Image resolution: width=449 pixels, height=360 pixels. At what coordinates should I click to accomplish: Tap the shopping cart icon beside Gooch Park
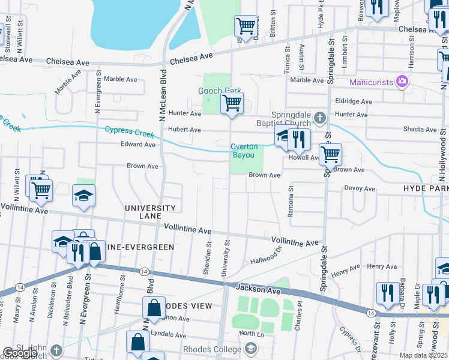click(232, 103)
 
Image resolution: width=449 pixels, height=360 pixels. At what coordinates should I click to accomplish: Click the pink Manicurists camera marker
click(402, 81)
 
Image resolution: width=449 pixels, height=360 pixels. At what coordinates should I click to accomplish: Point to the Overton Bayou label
click(244, 151)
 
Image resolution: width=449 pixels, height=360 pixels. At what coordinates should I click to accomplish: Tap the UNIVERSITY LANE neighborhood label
click(150, 212)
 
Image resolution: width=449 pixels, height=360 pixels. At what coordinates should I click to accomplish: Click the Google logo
click(20, 353)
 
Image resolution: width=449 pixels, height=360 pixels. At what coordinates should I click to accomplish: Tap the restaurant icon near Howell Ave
click(299, 140)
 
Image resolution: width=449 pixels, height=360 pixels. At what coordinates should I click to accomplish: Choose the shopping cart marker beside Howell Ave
click(330, 154)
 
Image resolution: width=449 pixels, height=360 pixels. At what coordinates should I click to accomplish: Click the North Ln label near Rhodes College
click(252, 333)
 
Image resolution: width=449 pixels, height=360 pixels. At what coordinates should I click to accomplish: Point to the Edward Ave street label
click(138, 144)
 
